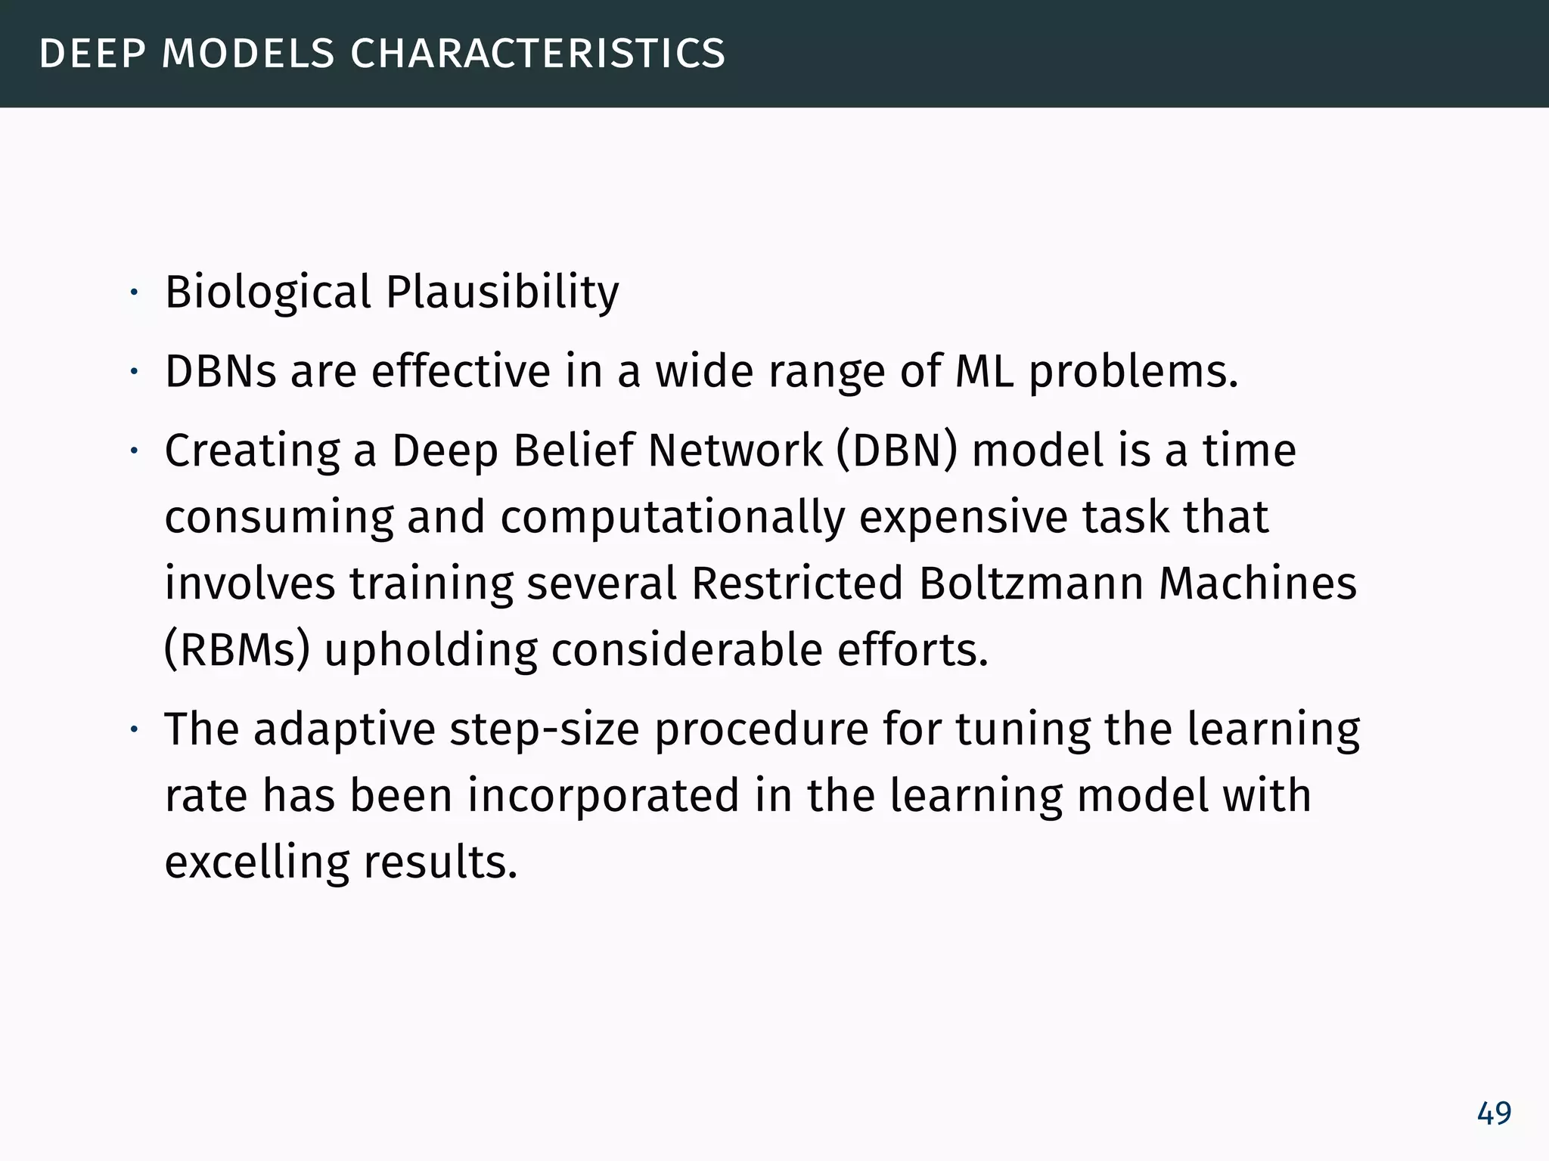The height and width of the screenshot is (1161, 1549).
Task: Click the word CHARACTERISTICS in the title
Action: tap(538, 54)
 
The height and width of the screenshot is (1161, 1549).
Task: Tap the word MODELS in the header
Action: tap(248, 54)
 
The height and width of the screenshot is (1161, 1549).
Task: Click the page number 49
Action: tap(1494, 1113)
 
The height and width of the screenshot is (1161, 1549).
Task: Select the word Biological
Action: tap(269, 293)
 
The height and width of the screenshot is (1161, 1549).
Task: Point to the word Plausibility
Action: tap(502, 293)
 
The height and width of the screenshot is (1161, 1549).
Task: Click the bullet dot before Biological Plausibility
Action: tap(133, 293)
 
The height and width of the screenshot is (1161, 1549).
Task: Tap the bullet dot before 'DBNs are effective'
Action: tap(133, 372)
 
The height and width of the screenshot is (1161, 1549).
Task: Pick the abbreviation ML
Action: tap(984, 372)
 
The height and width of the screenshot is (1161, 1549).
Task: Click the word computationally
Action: tap(672, 519)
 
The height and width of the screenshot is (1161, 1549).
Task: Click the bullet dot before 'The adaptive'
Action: tap(133, 730)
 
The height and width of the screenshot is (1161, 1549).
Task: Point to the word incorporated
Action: tap(603, 796)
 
